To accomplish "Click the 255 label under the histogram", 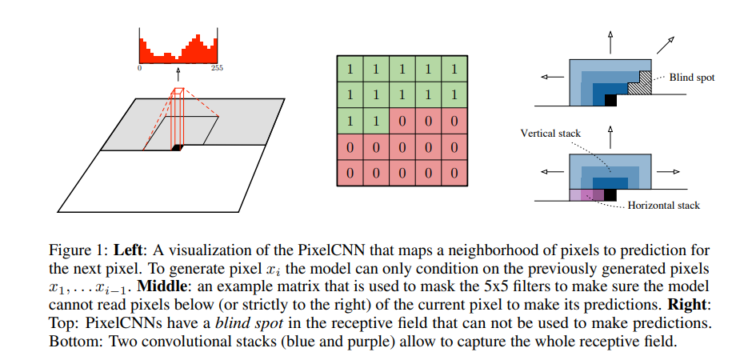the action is [x=217, y=68].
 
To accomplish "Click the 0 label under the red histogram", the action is [x=139, y=68].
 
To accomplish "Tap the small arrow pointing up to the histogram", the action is [x=178, y=74].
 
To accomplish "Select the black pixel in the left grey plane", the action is [x=177, y=148].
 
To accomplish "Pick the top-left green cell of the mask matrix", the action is [x=350, y=69].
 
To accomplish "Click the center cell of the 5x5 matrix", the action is [x=402, y=121].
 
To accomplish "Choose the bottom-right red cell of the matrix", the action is [x=454, y=173].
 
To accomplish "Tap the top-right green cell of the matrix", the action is [x=454, y=69].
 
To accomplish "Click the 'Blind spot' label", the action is [x=692, y=78].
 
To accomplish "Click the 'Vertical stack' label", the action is [x=550, y=134].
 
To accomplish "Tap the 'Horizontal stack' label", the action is [x=664, y=206].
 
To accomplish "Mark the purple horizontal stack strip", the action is [x=587, y=195].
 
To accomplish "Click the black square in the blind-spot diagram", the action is [x=610, y=100].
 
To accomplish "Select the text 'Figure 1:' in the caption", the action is [x=78, y=250].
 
